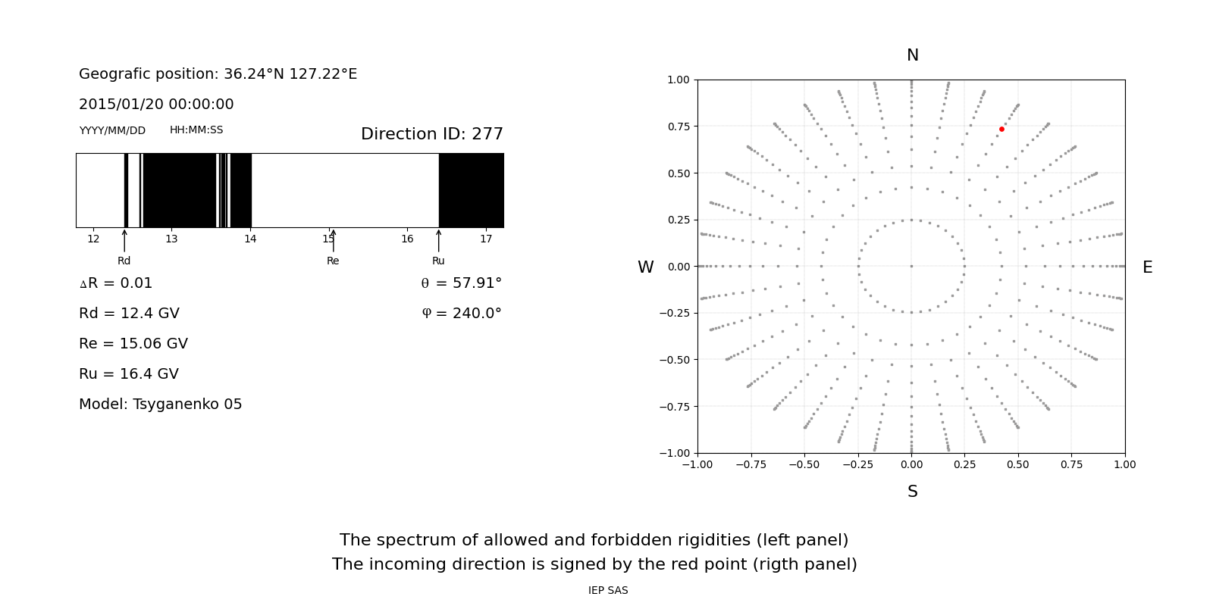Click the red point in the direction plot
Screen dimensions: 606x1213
point(1001,130)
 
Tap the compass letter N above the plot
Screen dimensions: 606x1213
point(912,55)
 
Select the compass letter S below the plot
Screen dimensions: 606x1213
point(912,492)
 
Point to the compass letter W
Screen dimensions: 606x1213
point(645,267)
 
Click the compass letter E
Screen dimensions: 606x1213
point(1147,267)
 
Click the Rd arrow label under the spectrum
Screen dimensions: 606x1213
point(124,261)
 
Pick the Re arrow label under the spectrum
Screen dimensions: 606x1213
point(333,261)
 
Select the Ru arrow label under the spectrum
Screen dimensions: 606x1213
point(438,261)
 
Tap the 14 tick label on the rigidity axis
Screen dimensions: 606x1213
point(250,239)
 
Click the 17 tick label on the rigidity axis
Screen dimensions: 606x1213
point(486,239)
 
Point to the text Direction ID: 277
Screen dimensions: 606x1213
point(431,134)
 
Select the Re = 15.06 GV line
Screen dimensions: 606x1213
point(133,344)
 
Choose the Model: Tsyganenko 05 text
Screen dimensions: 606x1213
point(161,405)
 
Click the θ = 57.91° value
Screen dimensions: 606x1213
point(461,283)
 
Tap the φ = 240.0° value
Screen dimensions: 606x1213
point(461,314)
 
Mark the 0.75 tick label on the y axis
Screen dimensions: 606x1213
point(678,126)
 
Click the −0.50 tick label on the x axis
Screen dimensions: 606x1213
point(804,464)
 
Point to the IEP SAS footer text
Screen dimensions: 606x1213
point(608,591)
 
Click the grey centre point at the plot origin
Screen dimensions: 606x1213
point(911,266)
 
